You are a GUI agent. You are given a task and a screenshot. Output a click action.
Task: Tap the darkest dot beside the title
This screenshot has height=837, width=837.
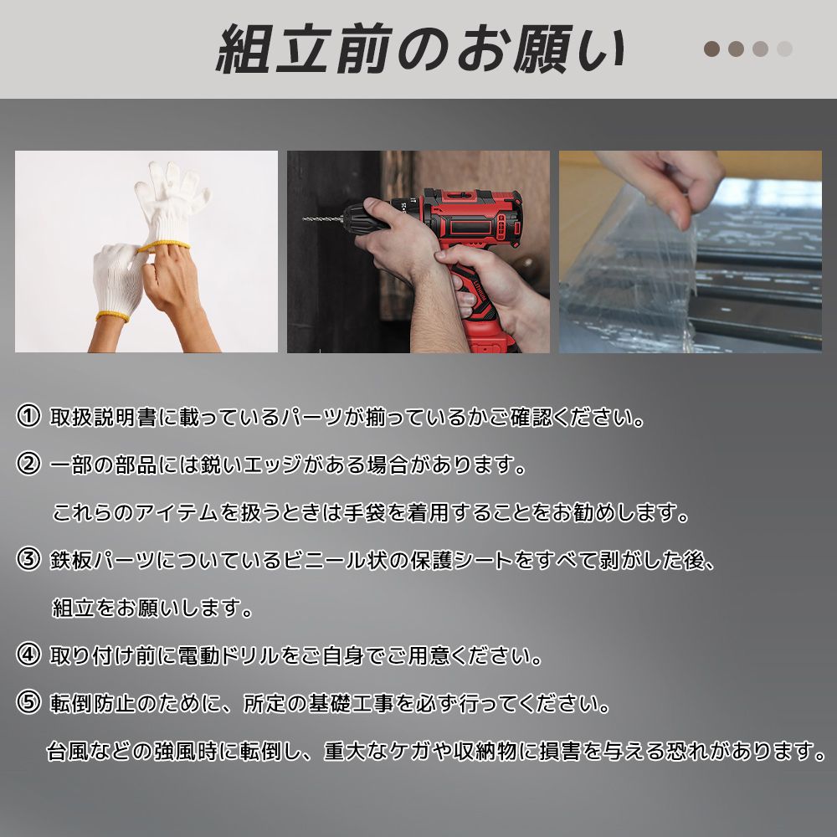point(711,49)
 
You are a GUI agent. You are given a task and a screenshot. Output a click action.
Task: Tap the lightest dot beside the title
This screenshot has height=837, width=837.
point(784,49)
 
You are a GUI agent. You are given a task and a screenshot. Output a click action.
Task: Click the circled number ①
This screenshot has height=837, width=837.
point(28,416)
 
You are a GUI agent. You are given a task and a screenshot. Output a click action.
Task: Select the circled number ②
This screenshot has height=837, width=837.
point(28,465)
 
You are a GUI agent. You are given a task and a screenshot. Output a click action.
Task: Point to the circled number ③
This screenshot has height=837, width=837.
point(28,560)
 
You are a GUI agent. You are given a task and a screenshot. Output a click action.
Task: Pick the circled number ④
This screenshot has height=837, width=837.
point(28,655)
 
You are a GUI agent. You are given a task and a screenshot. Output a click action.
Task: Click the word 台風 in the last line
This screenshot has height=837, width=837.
point(65,751)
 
